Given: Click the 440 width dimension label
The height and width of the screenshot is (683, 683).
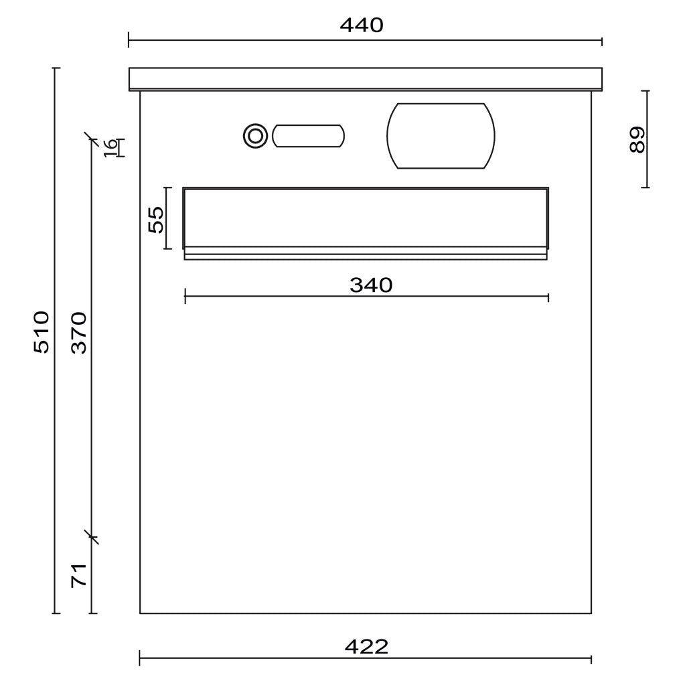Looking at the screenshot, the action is pyautogui.click(x=362, y=25).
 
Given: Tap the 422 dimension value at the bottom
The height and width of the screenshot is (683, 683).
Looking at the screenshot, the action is pyautogui.click(x=366, y=647).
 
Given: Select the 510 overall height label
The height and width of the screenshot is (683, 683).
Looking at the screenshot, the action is pyautogui.click(x=42, y=332).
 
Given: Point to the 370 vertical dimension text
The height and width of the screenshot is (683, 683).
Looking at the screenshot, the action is pyautogui.click(x=79, y=332).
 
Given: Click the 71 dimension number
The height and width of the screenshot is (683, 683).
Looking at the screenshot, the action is pyautogui.click(x=79, y=575).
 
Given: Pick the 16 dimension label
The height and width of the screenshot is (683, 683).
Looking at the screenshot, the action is pyautogui.click(x=110, y=148).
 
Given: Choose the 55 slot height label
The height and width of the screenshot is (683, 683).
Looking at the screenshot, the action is pyautogui.click(x=156, y=219).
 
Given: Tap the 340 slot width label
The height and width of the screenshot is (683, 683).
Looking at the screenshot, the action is pyautogui.click(x=371, y=285).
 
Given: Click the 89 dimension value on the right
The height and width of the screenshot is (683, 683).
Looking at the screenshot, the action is pyautogui.click(x=637, y=139).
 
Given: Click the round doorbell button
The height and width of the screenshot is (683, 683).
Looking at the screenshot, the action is pyautogui.click(x=256, y=136).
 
